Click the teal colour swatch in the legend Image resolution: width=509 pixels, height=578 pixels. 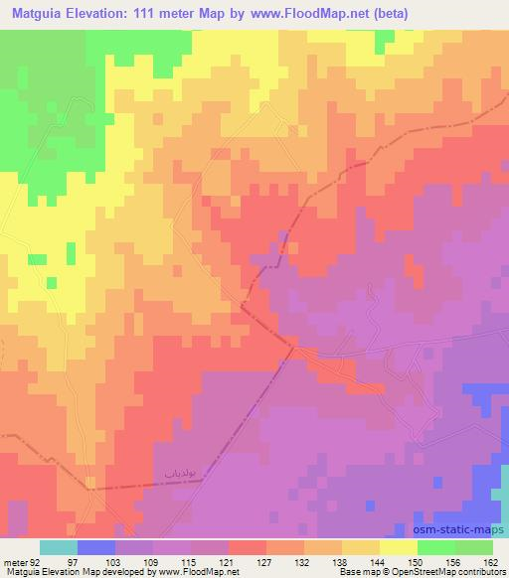click(x=59, y=547)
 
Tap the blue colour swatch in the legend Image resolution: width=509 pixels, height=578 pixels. click(x=96, y=547)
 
